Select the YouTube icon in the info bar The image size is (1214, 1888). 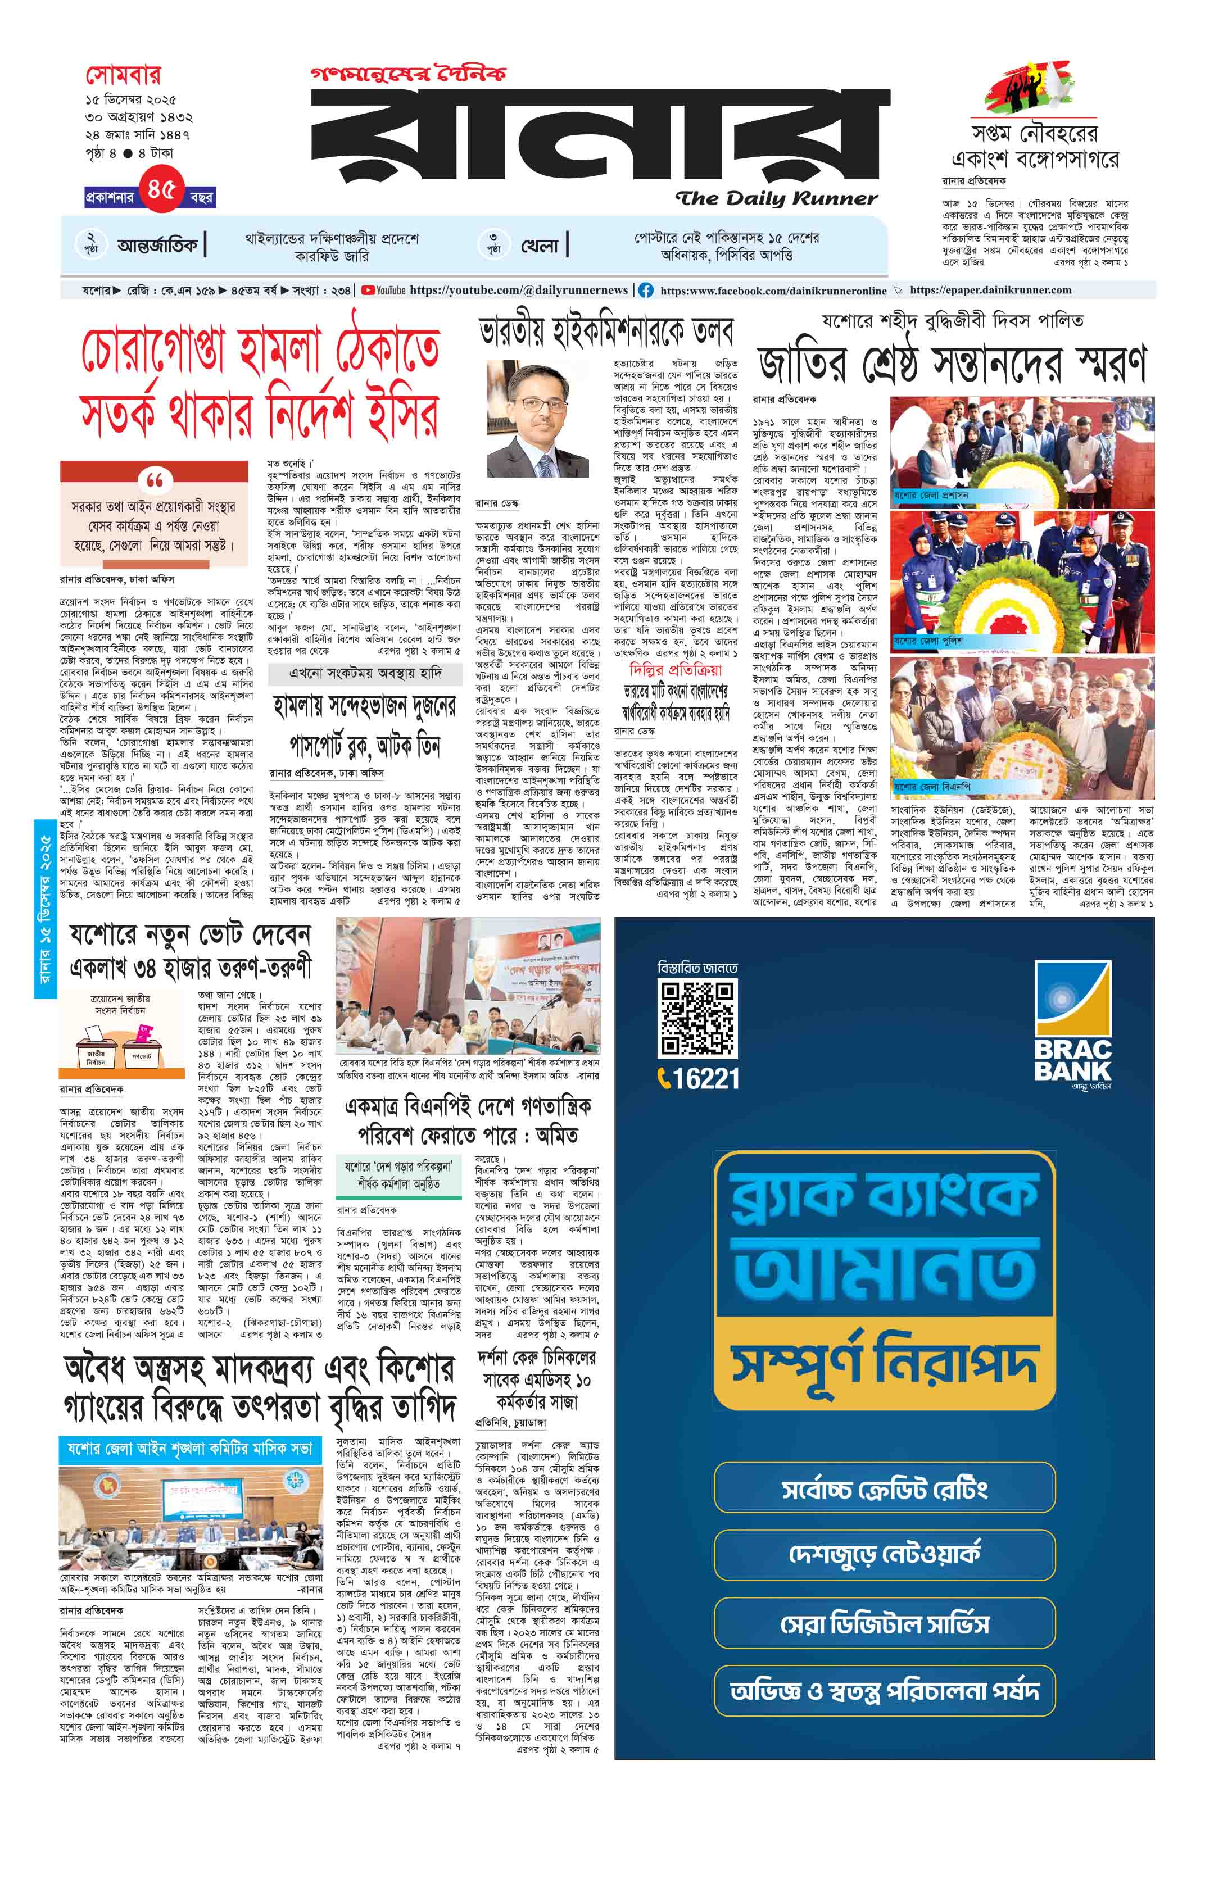click(368, 290)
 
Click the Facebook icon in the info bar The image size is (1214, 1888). click(646, 290)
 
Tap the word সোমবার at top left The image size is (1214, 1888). click(123, 76)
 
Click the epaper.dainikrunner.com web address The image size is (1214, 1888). click(990, 290)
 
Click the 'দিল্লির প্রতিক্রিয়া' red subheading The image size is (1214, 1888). click(675, 670)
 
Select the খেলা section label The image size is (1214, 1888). click(540, 245)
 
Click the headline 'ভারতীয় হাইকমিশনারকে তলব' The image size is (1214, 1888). click(606, 333)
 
